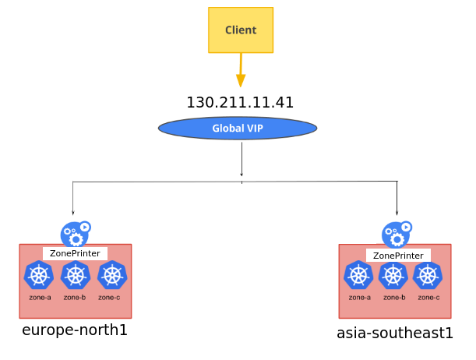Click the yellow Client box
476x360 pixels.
pyautogui.click(x=241, y=30)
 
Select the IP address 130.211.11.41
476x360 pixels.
pyautogui.click(x=240, y=103)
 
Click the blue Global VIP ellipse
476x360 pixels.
pyautogui.click(x=238, y=128)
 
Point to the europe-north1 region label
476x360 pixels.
pyautogui.click(x=75, y=330)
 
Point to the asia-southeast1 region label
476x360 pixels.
pyautogui.click(x=394, y=334)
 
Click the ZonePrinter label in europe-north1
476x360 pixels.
pyautogui.click(x=75, y=253)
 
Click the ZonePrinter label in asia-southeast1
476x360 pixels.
pyautogui.click(x=398, y=255)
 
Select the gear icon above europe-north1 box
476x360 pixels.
pyautogui.click(x=75, y=233)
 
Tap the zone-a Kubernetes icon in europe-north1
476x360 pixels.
pyautogui.click(x=38, y=275)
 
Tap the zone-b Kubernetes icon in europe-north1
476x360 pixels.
pyautogui.click(x=75, y=275)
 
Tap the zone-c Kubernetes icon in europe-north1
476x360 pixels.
pyautogui.click(x=111, y=275)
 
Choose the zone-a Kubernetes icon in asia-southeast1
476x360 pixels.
pyautogui.click(x=358, y=275)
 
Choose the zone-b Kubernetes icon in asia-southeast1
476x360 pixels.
pyautogui.click(x=393, y=275)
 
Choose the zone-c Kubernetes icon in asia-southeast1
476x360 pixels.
pyautogui.click(x=428, y=275)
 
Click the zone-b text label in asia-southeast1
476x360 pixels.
pyautogui.click(x=393, y=297)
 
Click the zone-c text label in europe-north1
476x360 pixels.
pyautogui.click(x=109, y=297)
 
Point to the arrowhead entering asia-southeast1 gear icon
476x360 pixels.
pyautogui.click(x=397, y=213)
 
